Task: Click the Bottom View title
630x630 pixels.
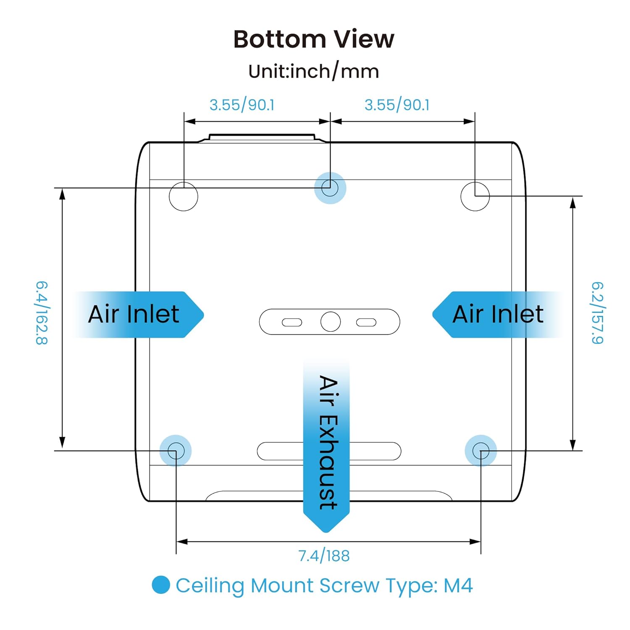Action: [314, 39]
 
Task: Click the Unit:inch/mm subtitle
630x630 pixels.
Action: [314, 71]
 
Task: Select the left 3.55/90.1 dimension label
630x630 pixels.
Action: [242, 105]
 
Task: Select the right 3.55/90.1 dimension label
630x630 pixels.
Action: [397, 105]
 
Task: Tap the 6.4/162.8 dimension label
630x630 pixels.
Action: [42, 313]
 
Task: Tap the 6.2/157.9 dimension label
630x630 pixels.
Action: [597, 313]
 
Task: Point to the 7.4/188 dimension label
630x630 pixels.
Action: [324, 556]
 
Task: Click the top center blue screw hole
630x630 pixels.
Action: [330, 188]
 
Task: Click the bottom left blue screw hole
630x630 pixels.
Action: [176, 451]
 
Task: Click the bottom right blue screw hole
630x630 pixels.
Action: [481, 451]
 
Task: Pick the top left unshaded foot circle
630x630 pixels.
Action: [184, 196]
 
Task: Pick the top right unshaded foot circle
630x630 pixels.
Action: [475, 196]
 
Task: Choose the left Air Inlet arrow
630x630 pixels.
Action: [139, 314]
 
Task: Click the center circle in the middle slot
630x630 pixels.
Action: [331, 322]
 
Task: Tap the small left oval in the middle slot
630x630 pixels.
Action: [292, 322]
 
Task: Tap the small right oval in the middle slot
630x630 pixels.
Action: [366, 322]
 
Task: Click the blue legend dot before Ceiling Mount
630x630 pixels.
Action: [161, 585]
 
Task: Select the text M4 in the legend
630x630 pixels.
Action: [458, 585]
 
